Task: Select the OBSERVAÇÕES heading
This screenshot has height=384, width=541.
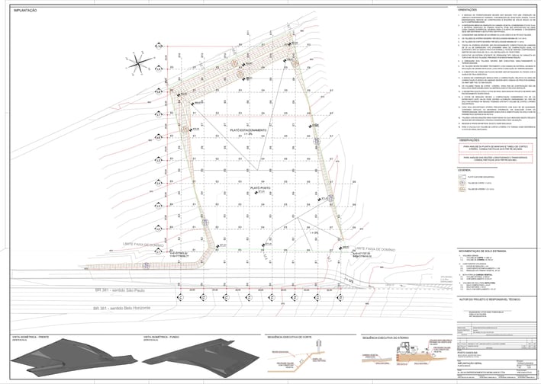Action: click(x=469, y=141)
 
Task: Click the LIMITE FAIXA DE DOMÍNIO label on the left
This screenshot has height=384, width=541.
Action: click(x=140, y=245)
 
